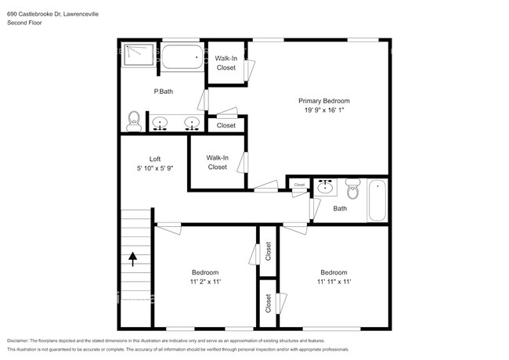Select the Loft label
(x=154, y=158)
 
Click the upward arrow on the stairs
(x=132, y=259)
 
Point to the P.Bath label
(x=163, y=92)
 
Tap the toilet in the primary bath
(x=134, y=120)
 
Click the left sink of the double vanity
(x=161, y=123)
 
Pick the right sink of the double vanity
(x=190, y=123)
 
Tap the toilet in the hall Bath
(x=352, y=188)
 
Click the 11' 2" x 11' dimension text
(x=205, y=282)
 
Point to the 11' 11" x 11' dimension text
(x=334, y=282)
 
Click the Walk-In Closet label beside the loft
(x=217, y=162)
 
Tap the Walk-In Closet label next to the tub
(x=226, y=63)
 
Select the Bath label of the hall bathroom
(x=340, y=208)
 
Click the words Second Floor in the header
(x=25, y=23)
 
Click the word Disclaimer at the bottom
(x=21, y=341)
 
